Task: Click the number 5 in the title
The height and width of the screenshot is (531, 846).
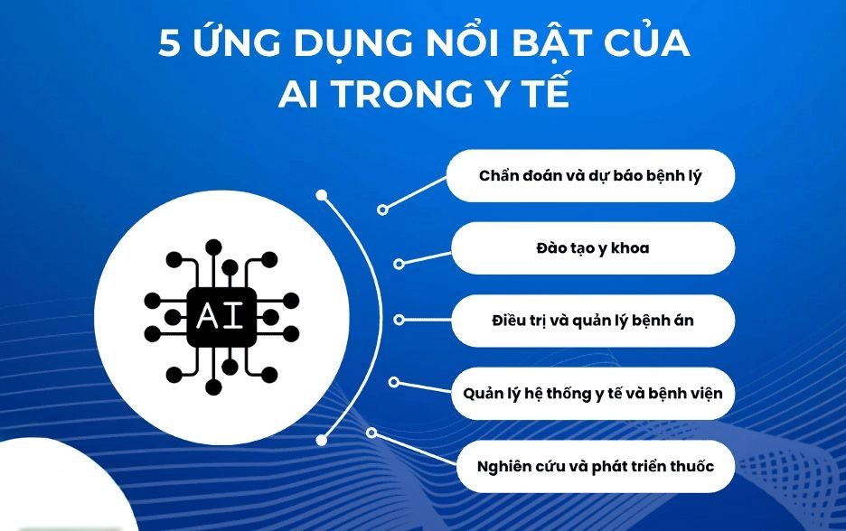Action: [169, 43]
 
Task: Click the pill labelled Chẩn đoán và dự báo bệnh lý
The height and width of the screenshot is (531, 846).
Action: [590, 176]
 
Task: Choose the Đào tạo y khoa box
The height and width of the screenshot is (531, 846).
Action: [593, 248]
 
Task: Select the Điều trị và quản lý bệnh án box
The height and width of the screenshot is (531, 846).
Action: [593, 321]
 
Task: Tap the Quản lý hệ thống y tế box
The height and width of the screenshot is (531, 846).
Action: [593, 393]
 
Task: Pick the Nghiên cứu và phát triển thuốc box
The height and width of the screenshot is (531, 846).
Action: [596, 466]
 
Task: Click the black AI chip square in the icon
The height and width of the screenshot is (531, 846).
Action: [221, 316]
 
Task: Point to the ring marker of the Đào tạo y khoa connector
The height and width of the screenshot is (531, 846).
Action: [399, 264]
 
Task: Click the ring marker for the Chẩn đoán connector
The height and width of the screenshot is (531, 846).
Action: [382, 210]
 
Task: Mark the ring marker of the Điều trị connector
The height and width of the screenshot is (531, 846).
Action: [399, 320]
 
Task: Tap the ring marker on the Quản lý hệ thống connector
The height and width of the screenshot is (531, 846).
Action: [394, 382]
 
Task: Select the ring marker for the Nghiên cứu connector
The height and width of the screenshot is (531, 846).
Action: [371, 433]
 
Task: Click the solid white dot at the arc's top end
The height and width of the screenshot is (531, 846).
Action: [322, 195]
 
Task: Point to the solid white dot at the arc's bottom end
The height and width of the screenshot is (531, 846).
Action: [322, 441]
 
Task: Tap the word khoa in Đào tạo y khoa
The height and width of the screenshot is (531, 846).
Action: [630, 248]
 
